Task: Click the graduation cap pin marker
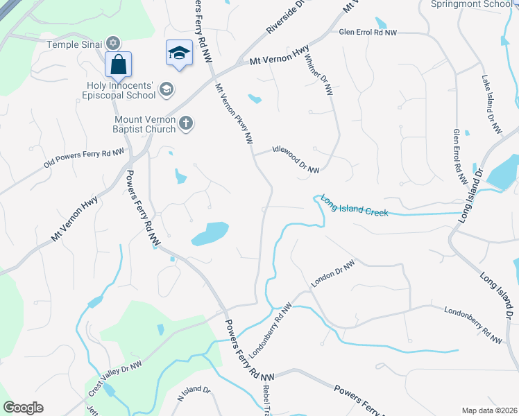(179, 53)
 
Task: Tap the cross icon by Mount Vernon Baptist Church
(185, 123)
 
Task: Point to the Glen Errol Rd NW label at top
(368, 33)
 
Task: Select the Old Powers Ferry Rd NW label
(83, 159)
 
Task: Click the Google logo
(23, 408)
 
